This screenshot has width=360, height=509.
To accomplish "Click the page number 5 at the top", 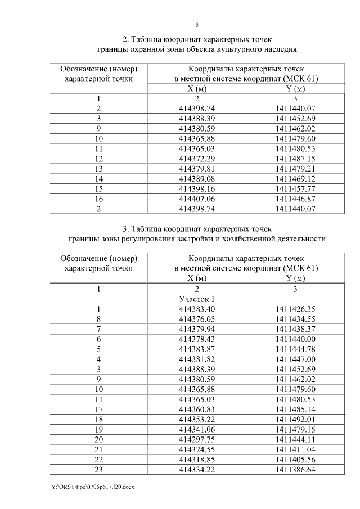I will (x=197, y=25).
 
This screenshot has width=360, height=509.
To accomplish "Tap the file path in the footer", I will (x=89, y=486).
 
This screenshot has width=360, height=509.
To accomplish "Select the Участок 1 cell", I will (x=197, y=299).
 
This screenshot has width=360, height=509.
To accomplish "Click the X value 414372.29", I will (x=197, y=159).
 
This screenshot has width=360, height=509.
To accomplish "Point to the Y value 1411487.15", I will (x=295, y=159).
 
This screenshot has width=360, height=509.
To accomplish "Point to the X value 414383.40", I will (x=197, y=309).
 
